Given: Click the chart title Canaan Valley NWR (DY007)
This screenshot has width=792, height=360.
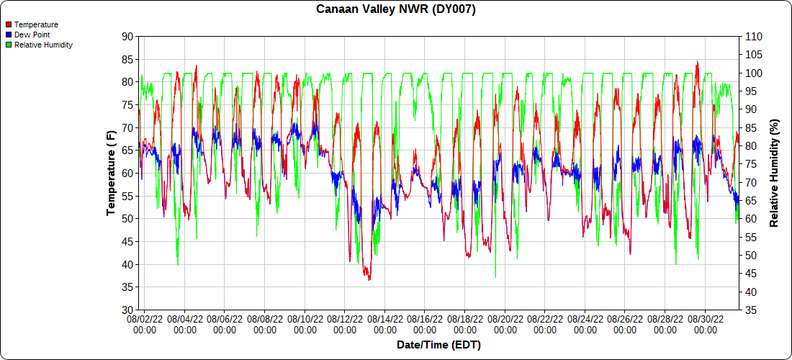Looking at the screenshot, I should (x=396, y=9).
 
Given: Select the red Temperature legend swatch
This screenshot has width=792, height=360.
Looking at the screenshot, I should (x=9, y=24).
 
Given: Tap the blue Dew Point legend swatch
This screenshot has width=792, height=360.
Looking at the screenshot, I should (x=9, y=35).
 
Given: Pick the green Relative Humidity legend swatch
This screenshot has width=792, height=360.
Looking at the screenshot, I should (x=9, y=45).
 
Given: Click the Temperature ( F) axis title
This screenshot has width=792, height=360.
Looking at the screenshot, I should (x=111, y=173).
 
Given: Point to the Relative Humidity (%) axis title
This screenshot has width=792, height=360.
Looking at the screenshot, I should (x=774, y=173).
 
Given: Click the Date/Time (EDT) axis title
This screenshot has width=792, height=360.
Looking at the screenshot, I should (x=438, y=345).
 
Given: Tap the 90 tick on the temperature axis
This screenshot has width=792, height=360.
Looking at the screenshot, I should (x=127, y=36).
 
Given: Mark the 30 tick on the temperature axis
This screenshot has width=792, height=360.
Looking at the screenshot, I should (x=127, y=310).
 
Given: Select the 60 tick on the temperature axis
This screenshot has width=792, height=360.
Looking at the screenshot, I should (x=127, y=173).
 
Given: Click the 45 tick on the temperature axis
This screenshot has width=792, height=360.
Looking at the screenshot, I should (x=127, y=242).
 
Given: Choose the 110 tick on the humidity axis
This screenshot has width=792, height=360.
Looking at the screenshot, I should (x=754, y=36).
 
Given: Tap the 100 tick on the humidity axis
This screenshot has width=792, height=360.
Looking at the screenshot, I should (x=754, y=73).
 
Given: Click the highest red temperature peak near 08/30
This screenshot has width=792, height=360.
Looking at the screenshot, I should (x=697, y=63).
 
